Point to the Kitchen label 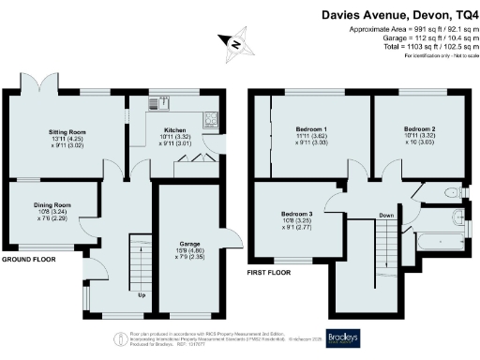click(x=177, y=132)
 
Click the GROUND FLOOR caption click(x=31, y=258)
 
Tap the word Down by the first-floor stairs click(x=385, y=215)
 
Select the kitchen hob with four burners click(x=211, y=117)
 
